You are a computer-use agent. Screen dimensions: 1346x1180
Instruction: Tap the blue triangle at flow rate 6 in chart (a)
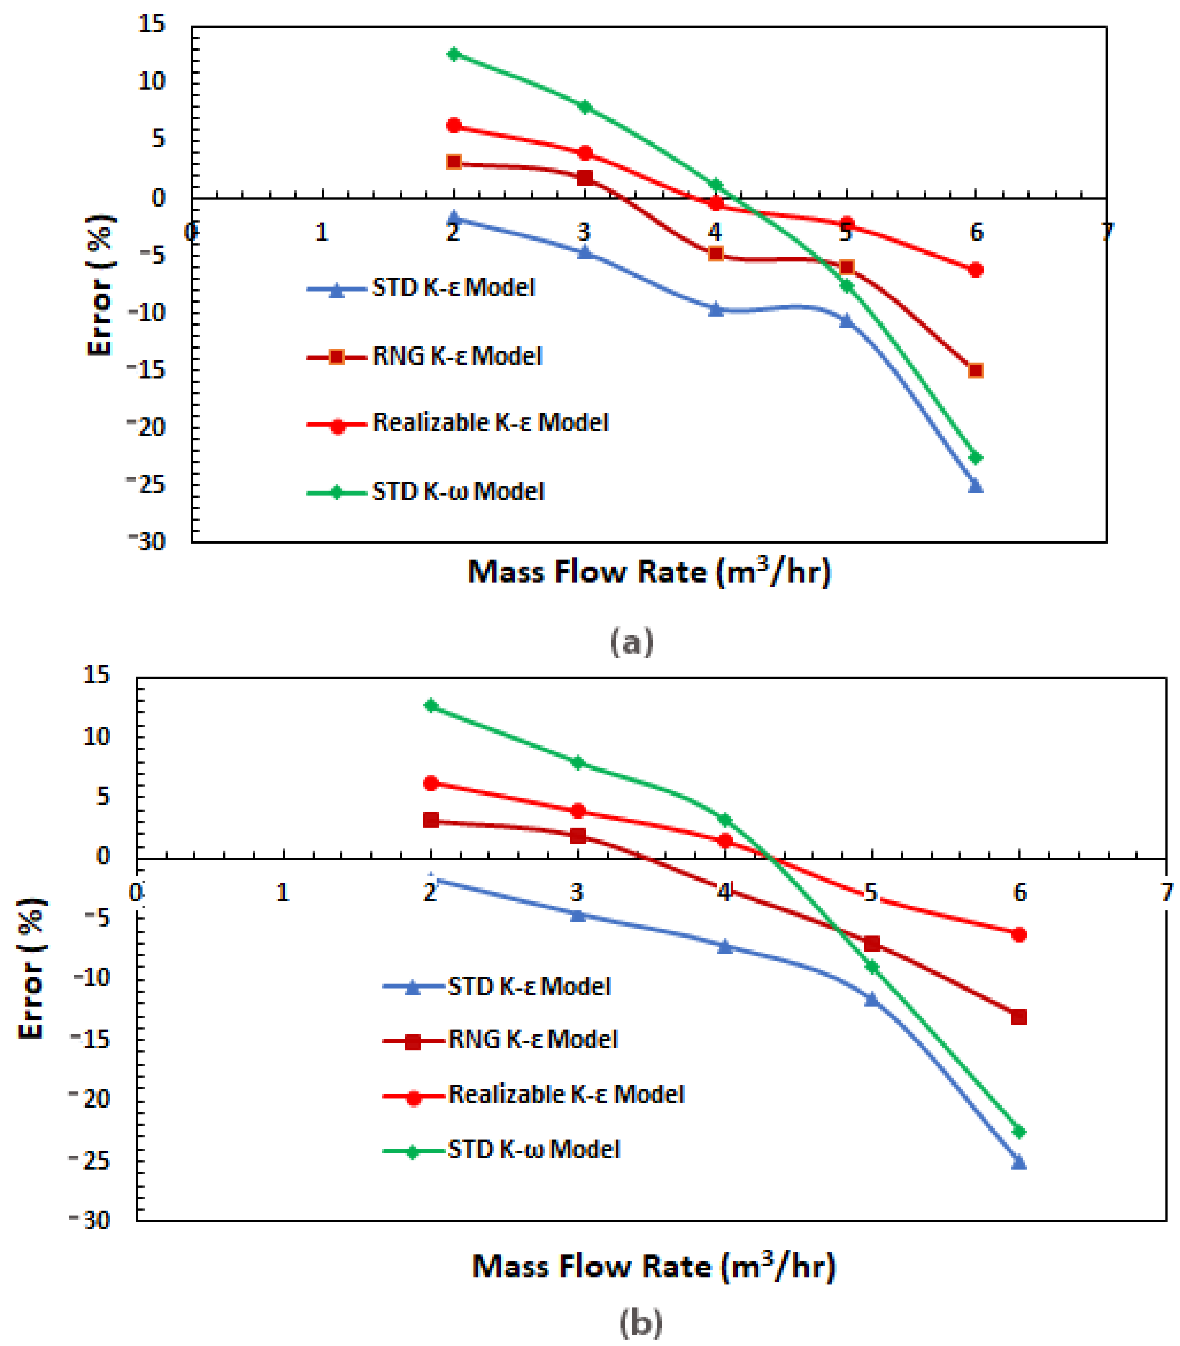[x=975, y=486]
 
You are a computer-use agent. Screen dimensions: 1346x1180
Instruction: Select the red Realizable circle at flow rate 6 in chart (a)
[x=975, y=270]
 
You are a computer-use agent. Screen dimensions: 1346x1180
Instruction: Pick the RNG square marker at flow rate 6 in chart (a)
[x=975, y=371]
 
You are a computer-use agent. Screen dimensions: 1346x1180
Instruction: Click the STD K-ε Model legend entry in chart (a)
[x=453, y=288]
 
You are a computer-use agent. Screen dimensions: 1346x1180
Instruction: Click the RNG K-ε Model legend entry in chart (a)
[x=456, y=356]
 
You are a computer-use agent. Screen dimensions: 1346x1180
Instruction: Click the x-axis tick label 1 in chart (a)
[x=321, y=232]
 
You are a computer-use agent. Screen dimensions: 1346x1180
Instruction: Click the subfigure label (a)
[x=631, y=641]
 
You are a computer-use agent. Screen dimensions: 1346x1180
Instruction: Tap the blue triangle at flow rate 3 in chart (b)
[x=577, y=915]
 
